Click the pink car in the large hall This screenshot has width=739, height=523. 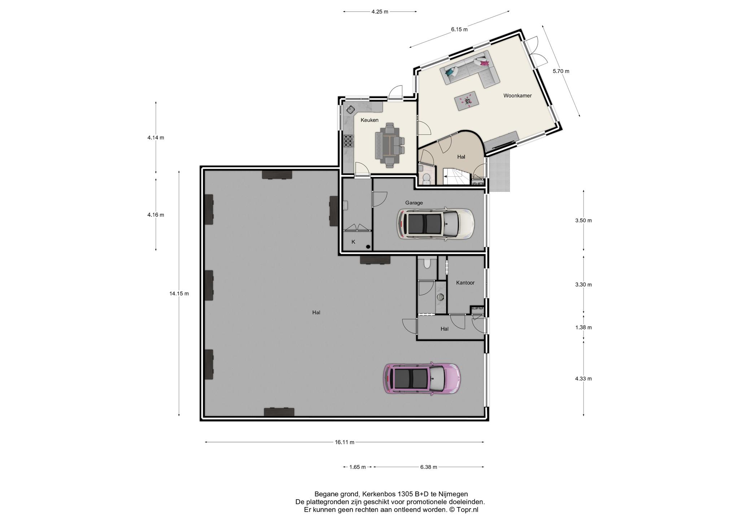(x=422, y=378)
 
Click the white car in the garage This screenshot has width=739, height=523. (x=435, y=224)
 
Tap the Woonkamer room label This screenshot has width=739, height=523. (x=517, y=96)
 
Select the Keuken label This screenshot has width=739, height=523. (x=369, y=120)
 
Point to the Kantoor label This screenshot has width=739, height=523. (x=465, y=282)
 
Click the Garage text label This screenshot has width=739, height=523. (x=414, y=203)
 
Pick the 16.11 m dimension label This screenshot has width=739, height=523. (x=344, y=442)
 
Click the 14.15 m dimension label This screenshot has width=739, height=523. (x=179, y=294)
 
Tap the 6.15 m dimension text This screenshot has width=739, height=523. (x=459, y=30)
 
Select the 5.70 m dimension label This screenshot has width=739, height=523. (x=561, y=71)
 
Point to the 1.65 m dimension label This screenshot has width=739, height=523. (x=358, y=467)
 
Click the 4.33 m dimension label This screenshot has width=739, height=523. (x=583, y=379)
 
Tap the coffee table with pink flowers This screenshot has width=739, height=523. (x=467, y=101)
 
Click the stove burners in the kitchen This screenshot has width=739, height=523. (x=349, y=141)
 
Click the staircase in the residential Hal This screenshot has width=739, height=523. (x=457, y=177)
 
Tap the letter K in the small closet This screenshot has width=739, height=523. (x=353, y=242)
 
